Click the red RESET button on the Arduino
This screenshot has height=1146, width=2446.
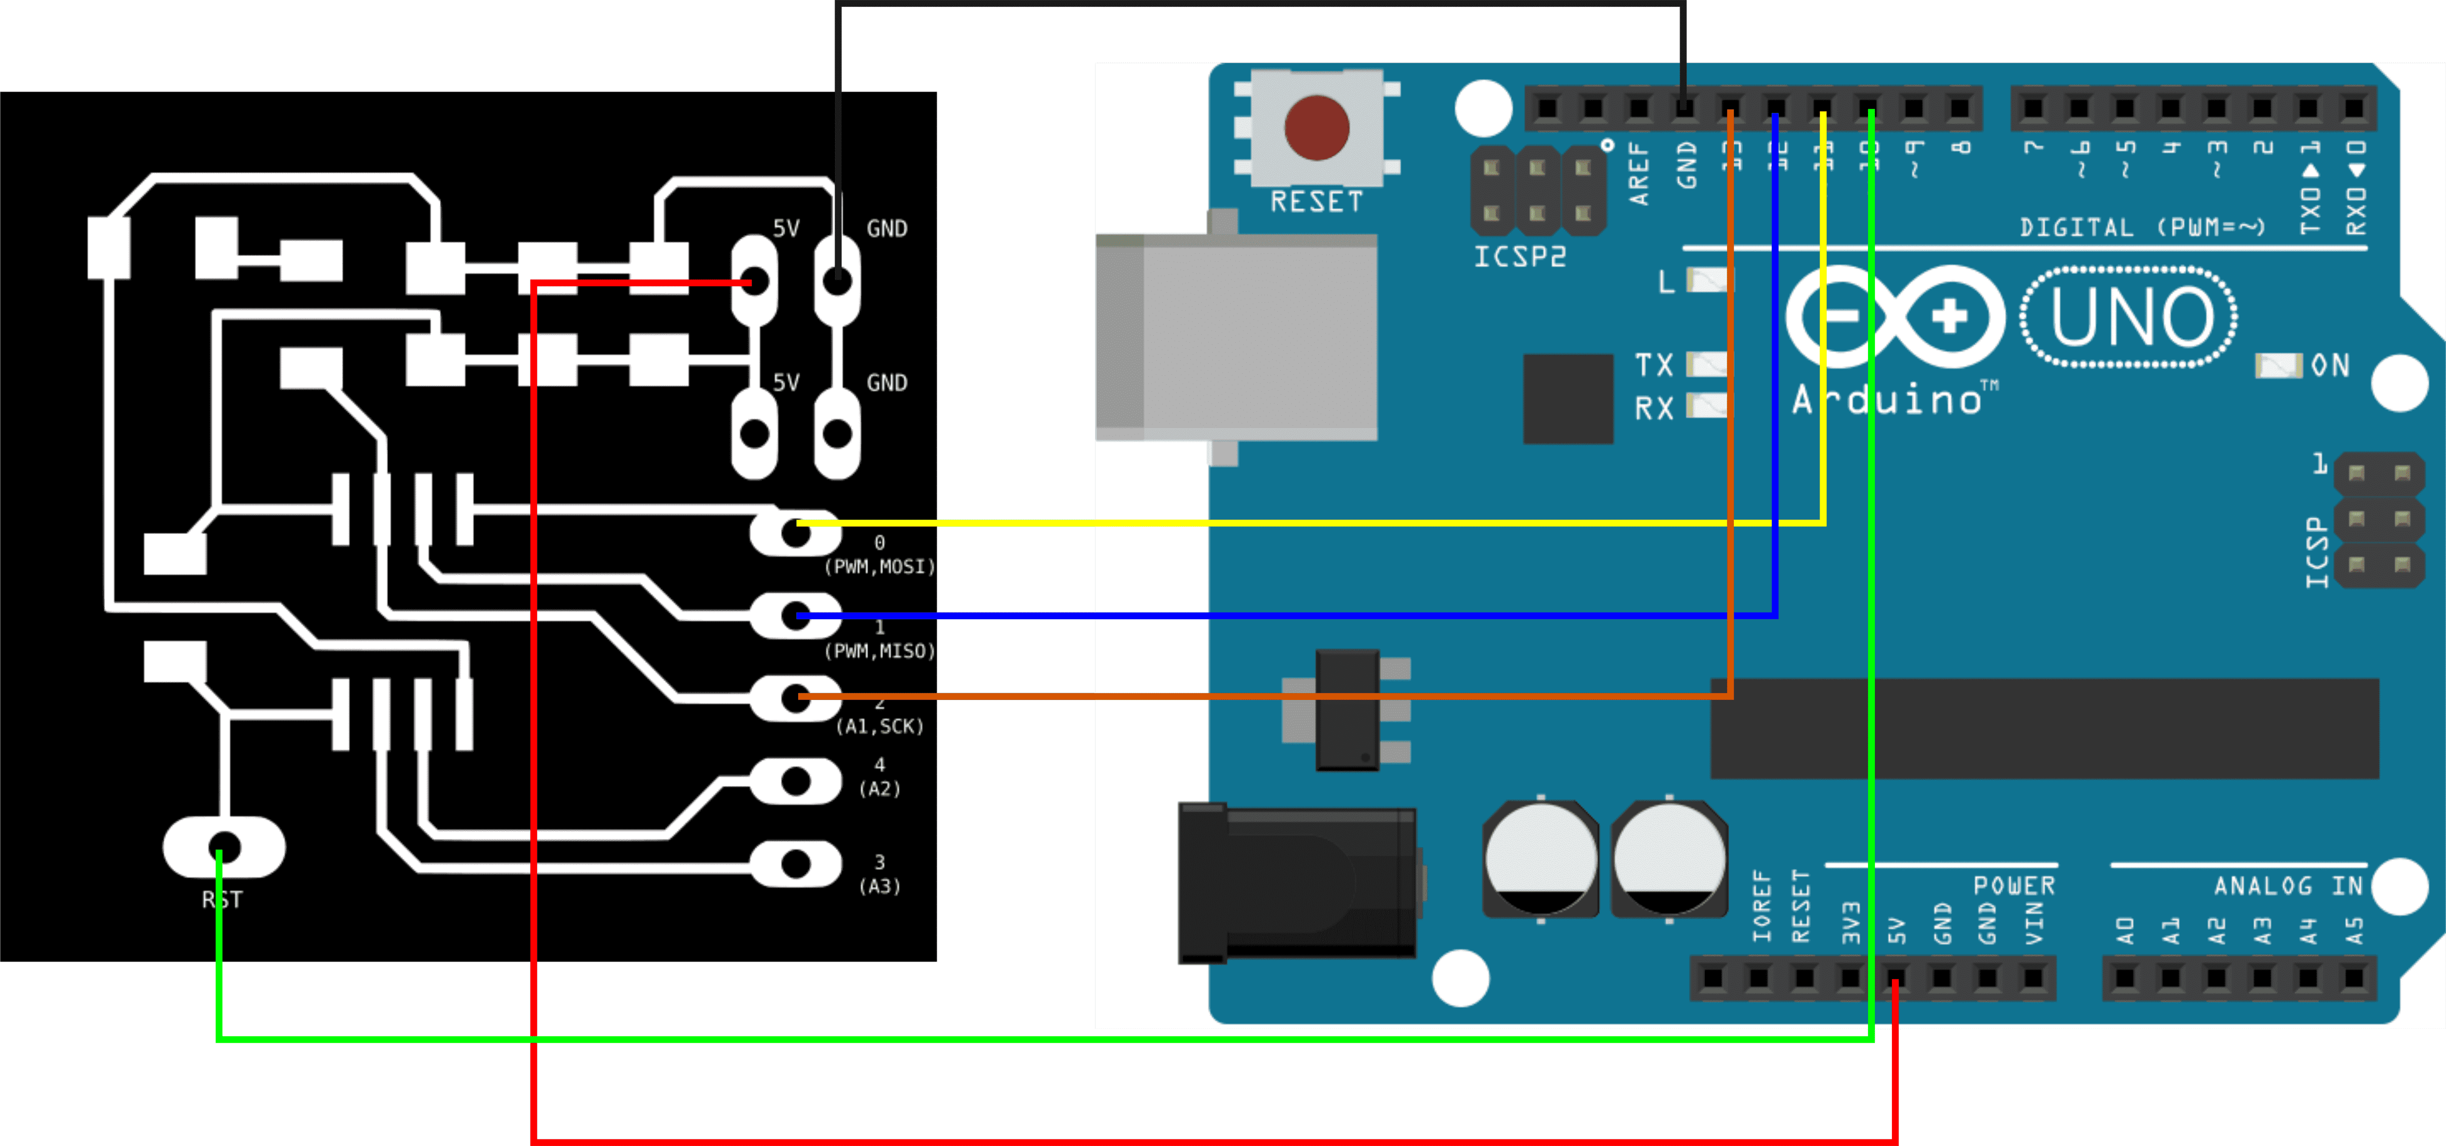pos(1316,127)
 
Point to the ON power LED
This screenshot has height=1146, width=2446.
pos(2278,366)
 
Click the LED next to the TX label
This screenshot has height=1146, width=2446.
pos(1706,364)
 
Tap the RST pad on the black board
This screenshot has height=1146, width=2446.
pos(224,846)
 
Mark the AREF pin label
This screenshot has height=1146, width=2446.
pos(1639,174)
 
